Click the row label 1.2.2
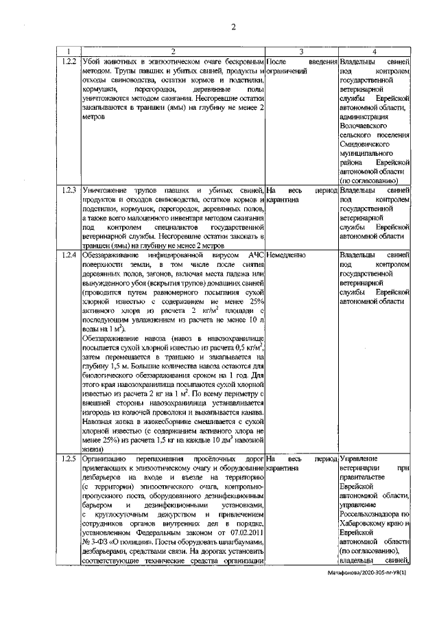[68, 62]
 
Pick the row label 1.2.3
[68, 189]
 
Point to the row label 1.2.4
[68, 255]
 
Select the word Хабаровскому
[367, 522]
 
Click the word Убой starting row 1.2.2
[91, 62]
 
